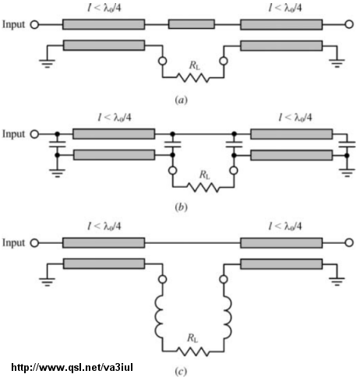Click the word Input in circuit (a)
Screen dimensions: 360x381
(x=13, y=24)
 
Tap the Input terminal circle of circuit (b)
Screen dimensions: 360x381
(x=34, y=134)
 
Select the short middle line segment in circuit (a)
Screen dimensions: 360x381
(x=192, y=24)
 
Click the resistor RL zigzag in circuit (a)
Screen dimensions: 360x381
(x=193, y=78)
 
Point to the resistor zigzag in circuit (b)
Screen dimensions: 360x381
(x=203, y=187)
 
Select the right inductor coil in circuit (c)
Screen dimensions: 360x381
(x=228, y=317)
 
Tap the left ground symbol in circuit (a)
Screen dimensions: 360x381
(x=47, y=64)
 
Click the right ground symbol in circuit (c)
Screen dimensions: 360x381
(x=337, y=281)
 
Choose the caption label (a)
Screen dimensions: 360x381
(x=181, y=100)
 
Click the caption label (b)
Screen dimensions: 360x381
(x=181, y=207)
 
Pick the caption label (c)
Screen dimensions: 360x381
(x=181, y=372)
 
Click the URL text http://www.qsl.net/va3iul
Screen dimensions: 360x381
(x=72, y=367)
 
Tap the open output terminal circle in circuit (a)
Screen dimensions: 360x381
(x=349, y=24)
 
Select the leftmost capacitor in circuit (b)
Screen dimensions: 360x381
(x=58, y=144)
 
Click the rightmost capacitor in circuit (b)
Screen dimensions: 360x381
(x=347, y=145)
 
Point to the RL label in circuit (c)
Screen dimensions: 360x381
(x=192, y=338)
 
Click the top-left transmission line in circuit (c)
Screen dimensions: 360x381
(x=104, y=243)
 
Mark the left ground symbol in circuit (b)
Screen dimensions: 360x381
(x=58, y=173)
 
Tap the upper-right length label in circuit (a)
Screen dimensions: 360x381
(x=285, y=8)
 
